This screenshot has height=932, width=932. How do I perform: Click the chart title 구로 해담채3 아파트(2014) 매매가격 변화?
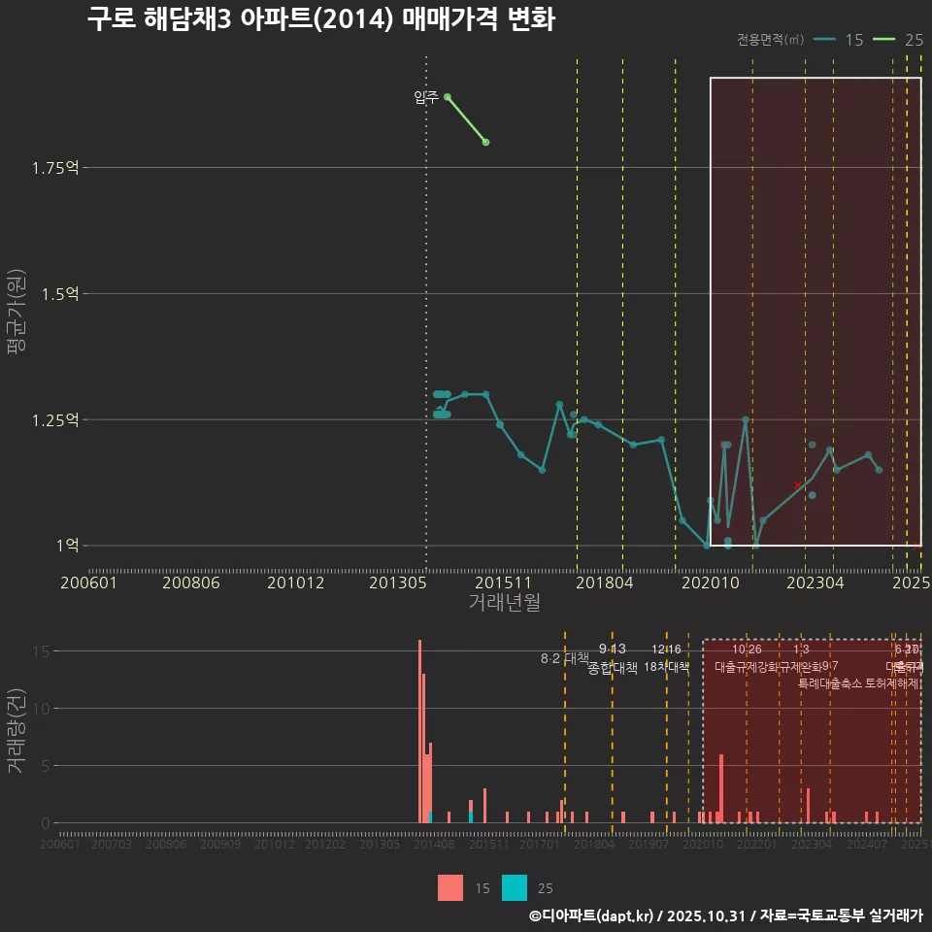(320, 20)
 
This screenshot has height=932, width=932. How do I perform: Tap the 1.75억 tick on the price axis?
(54, 168)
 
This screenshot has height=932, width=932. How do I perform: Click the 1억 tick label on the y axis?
(67, 546)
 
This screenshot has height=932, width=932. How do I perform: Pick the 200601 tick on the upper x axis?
(88, 583)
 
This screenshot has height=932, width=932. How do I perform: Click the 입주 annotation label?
(425, 97)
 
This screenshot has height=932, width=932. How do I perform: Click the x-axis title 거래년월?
(504, 603)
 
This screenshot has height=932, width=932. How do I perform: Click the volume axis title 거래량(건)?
(17, 730)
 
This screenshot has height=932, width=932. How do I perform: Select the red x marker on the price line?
(798, 484)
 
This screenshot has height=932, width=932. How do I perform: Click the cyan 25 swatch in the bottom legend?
(515, 887)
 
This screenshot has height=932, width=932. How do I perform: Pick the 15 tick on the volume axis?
(42, 651)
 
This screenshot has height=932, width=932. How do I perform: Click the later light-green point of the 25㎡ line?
(485, 143)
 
